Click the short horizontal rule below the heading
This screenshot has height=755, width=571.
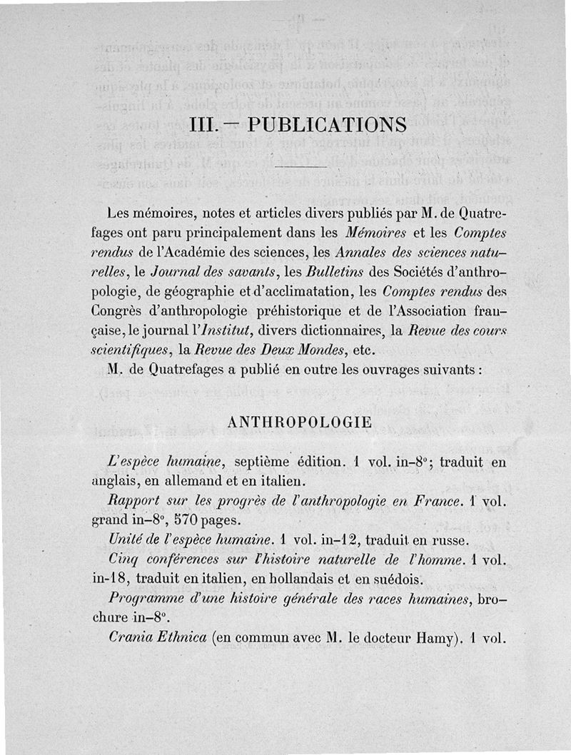300,167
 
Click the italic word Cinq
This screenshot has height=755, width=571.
122,559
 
